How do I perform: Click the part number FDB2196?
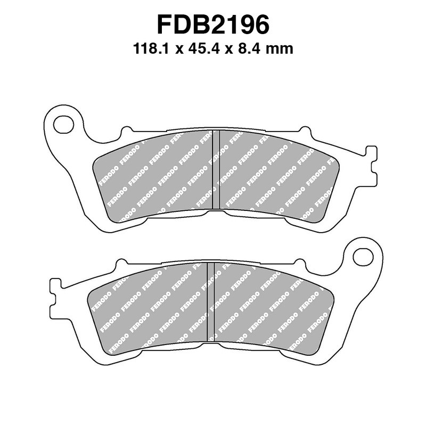[212, 24]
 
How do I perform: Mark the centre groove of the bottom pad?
[210, 302]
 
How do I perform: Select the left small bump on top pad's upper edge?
[127, 130]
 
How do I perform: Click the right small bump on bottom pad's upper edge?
[299, 263]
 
